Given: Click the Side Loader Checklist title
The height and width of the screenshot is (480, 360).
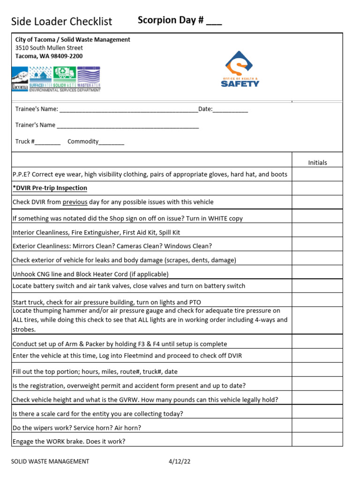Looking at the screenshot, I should tap(61, 22).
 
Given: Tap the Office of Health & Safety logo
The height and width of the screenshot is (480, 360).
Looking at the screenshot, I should tap(240, 69).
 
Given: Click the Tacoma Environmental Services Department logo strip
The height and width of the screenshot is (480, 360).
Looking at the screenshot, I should tap(56, 78).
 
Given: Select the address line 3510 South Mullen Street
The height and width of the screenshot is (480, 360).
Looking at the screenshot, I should tap(49, 48).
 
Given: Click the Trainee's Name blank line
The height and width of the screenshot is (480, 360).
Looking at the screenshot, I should tap(128, 110).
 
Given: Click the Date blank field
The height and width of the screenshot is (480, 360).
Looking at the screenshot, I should tap(232, 110).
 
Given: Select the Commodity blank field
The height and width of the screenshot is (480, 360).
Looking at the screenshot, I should tap(111, 142).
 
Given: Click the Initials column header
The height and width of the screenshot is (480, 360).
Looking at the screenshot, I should tap(317, 163).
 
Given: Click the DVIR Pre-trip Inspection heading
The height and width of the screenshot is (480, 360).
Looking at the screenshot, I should tap(50, 188).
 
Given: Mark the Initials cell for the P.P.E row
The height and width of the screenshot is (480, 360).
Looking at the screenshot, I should tap(317, 174).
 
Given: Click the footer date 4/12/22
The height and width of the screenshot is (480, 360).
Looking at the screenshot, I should tap(180, 461).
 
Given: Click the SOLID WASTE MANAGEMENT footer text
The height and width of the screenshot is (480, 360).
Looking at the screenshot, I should tap(50, 461).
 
